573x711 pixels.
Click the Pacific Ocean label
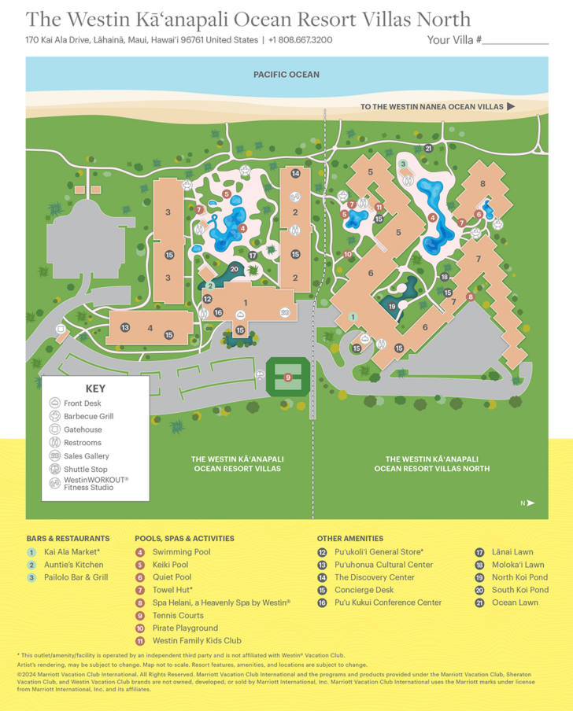[x=286, y=75]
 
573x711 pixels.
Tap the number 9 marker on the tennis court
[x=288, y=378]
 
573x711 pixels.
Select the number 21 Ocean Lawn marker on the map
[x=428, y=148]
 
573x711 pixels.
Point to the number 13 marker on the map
[x=125, y=327]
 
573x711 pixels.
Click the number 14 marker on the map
[x=295, y=174]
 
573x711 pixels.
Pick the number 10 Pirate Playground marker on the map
[x=348, y=254]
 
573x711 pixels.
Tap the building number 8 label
[x=483, y=184]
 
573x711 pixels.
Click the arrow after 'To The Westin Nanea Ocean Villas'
[x=511, y=106]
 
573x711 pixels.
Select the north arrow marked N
[x=530, y=503]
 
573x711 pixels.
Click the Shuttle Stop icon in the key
[x=55, y=470]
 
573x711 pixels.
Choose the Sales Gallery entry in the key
[x=87, y=456]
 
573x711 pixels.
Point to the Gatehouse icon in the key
[x=55, y=429]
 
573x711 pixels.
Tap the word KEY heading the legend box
[x=95, y=388]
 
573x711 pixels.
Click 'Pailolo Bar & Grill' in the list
[x=78, y=577]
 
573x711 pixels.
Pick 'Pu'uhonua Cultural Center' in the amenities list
[x=383, y=565]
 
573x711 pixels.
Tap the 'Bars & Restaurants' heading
[x=68, y=538]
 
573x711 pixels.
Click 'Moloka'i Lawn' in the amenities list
[x=518, y=565]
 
